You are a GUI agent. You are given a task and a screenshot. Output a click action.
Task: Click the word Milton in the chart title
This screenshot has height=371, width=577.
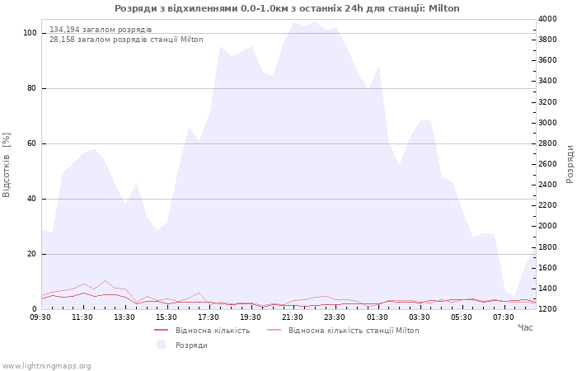pos(443,8)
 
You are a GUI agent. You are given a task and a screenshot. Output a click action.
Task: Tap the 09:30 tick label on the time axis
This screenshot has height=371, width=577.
pos(40,317)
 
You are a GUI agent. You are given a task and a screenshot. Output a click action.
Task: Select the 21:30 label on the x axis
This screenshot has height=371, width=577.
pos(293,317)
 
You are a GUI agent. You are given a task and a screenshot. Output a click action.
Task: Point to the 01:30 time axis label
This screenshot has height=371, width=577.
pos(377,317)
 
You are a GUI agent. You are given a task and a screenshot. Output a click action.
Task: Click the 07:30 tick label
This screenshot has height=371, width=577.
pos(504,317)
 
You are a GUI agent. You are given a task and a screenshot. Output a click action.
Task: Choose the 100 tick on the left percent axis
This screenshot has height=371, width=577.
pos(30,33)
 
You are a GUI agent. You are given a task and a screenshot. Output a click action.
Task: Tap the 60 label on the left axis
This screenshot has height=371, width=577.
pos(32,143)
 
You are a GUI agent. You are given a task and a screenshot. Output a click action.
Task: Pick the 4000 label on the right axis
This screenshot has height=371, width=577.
pos(547,19)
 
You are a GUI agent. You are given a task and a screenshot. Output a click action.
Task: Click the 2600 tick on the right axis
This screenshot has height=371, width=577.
pos(547,164)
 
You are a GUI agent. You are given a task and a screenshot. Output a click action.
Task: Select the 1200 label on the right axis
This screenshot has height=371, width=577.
pos(547,309)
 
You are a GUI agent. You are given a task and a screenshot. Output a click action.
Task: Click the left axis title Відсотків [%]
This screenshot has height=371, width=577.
pos(7,165)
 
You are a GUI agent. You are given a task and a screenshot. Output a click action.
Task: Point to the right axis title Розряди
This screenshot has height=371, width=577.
pos(570,164)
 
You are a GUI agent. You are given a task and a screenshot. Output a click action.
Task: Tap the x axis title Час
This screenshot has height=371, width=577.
pos(525,327)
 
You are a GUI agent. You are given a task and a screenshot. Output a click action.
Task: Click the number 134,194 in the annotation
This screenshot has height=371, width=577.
pos(64,30)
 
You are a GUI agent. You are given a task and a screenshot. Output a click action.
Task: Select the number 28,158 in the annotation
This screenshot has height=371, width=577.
pos(62,40)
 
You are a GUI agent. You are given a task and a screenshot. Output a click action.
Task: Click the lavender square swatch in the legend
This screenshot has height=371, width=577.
pos(162,345)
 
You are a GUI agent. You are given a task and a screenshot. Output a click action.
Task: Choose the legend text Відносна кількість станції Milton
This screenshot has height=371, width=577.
pos(354,331)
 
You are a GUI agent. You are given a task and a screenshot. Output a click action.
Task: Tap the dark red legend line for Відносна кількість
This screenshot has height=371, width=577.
pos(162,330)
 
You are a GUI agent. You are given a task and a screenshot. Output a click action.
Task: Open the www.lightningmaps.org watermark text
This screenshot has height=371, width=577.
pos(46,366)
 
